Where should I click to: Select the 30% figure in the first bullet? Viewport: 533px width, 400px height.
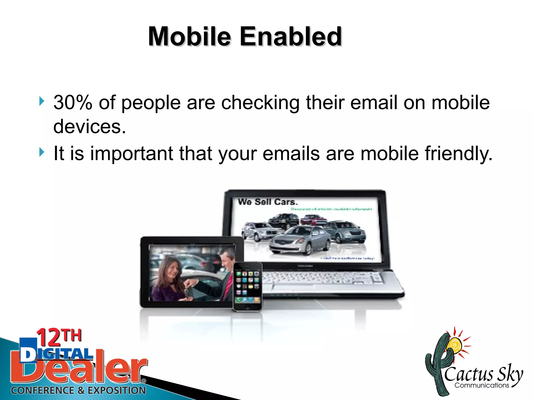point(73,102)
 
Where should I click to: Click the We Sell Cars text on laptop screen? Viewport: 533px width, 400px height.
point(268,202)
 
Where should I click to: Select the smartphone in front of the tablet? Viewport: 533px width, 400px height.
point(248,286)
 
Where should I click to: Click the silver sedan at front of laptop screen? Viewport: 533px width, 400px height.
point(299,240)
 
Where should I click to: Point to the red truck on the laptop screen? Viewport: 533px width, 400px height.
point(313,220)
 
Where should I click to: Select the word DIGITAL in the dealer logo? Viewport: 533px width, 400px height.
point(56,354)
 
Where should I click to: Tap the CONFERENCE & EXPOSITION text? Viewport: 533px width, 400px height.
point(78,390)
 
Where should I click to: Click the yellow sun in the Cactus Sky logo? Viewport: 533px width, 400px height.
point(454,345)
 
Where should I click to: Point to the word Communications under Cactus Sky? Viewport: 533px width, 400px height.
point(482,385)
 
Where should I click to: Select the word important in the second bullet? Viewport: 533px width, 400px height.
point(131,153)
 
